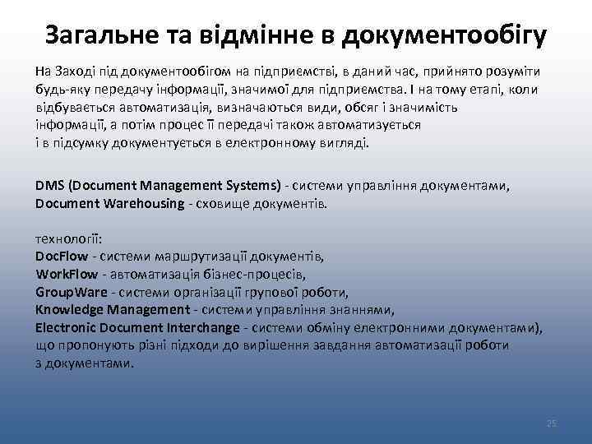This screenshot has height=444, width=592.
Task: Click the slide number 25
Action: [x=552, y=423]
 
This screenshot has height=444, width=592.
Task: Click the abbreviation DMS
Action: [x=50, y=186]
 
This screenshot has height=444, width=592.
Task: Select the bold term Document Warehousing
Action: [x=110, y=203]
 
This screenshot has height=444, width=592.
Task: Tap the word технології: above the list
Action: [x=69, y=238]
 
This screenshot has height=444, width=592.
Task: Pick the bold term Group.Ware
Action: [x=72, y=292]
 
